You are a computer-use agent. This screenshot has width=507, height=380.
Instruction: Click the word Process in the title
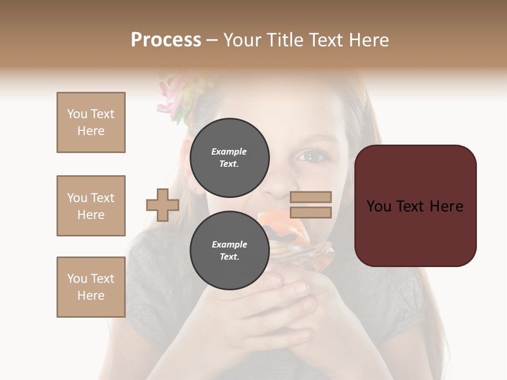coord(166,40)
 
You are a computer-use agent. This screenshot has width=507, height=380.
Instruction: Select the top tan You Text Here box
coord(91,122)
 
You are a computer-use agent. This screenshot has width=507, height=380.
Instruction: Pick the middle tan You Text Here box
coord(91,206)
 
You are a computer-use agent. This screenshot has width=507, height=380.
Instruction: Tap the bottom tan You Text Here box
coord(91,287)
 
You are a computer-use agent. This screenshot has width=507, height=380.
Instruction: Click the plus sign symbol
coord(163,205)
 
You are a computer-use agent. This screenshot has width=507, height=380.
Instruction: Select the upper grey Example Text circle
coord(229,157)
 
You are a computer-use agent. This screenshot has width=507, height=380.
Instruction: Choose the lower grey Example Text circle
coord(229,250)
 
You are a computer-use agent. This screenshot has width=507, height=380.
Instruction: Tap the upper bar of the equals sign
coord(311,197)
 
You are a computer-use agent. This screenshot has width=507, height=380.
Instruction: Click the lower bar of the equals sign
coord(311,212)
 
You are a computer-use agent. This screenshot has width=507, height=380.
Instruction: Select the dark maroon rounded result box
coord(416,206)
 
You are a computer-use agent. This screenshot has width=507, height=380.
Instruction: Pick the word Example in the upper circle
coord(229,151)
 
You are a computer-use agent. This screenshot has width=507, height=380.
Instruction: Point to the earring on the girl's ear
coord(198,193)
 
